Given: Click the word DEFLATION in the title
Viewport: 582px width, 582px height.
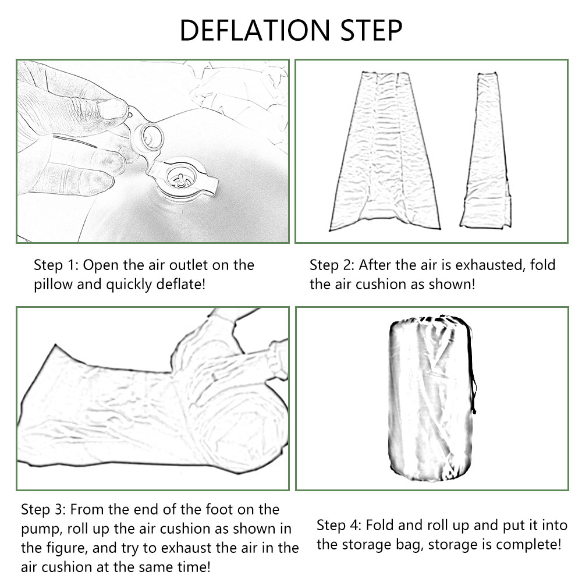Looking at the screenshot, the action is [x=255, y=30].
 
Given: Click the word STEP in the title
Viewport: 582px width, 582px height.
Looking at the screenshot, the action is [x=371, y=30].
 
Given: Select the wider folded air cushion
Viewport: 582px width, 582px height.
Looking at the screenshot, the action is [x=385, y=151].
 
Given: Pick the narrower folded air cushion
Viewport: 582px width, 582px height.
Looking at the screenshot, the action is [x=486, y=150].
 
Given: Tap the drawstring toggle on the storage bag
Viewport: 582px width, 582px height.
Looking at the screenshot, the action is [x=474, y=410].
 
